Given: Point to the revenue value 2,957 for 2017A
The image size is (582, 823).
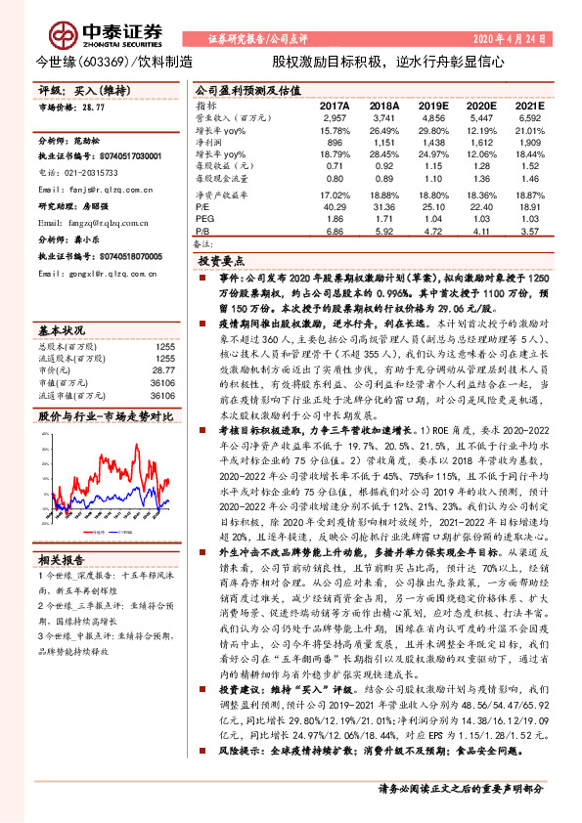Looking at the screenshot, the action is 335,117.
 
